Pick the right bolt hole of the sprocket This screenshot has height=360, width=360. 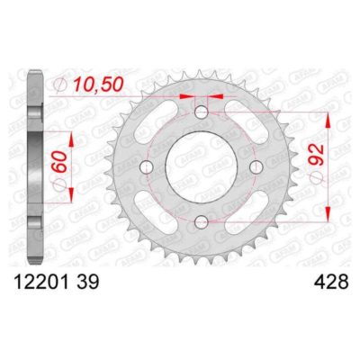click(x=255, y=168)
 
